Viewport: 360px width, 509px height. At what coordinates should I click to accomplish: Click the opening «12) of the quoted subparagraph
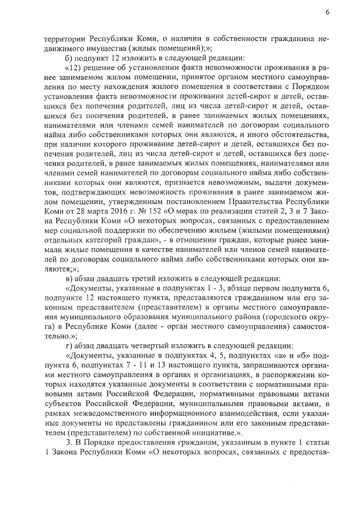click(x=75, y=68)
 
